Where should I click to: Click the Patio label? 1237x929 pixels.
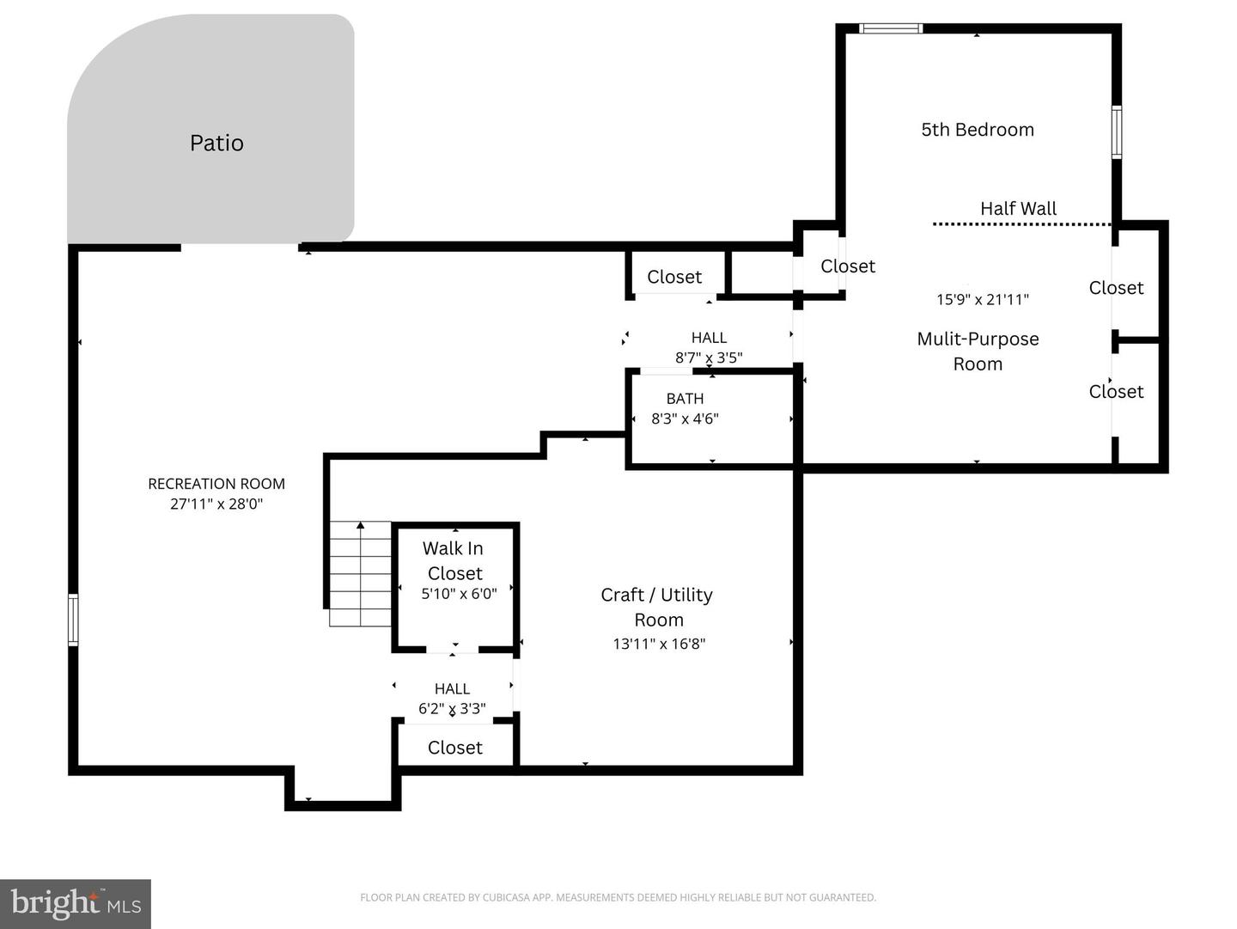(x=216, y=143)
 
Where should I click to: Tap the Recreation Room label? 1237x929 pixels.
(x=216, y=484)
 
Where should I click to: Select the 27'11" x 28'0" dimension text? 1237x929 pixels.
(x=216, y=504)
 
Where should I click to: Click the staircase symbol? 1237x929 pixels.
(x=360, y=574)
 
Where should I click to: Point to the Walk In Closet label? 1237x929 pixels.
(x=454, y=560)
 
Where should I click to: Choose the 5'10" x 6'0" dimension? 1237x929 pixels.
(x=459, y=594)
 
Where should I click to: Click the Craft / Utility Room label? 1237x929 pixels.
(x=657, y=607)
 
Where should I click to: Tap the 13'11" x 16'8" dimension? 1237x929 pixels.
(x=659, y=644)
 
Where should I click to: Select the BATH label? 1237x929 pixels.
(x=685, y=399)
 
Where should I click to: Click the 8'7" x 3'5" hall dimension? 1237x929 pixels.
(x=709, y=358)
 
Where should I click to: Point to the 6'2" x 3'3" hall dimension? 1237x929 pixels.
(x=452, y=709)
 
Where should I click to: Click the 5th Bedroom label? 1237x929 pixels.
(x=978, y=130)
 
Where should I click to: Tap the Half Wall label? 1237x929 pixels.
(x=1018, y=208)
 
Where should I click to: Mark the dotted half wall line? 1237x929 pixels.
(x=1021, y=224)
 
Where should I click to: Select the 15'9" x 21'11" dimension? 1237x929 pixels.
(x=983, y=299)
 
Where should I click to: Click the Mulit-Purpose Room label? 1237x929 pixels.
(x=978, y=351)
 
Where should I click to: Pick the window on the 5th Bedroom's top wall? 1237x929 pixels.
(x=892, y=29)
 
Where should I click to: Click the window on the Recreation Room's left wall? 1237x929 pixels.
(x=74, y=620)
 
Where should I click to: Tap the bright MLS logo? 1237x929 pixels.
(x=76, y=903)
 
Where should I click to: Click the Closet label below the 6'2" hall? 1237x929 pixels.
(x=455, y=748)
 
